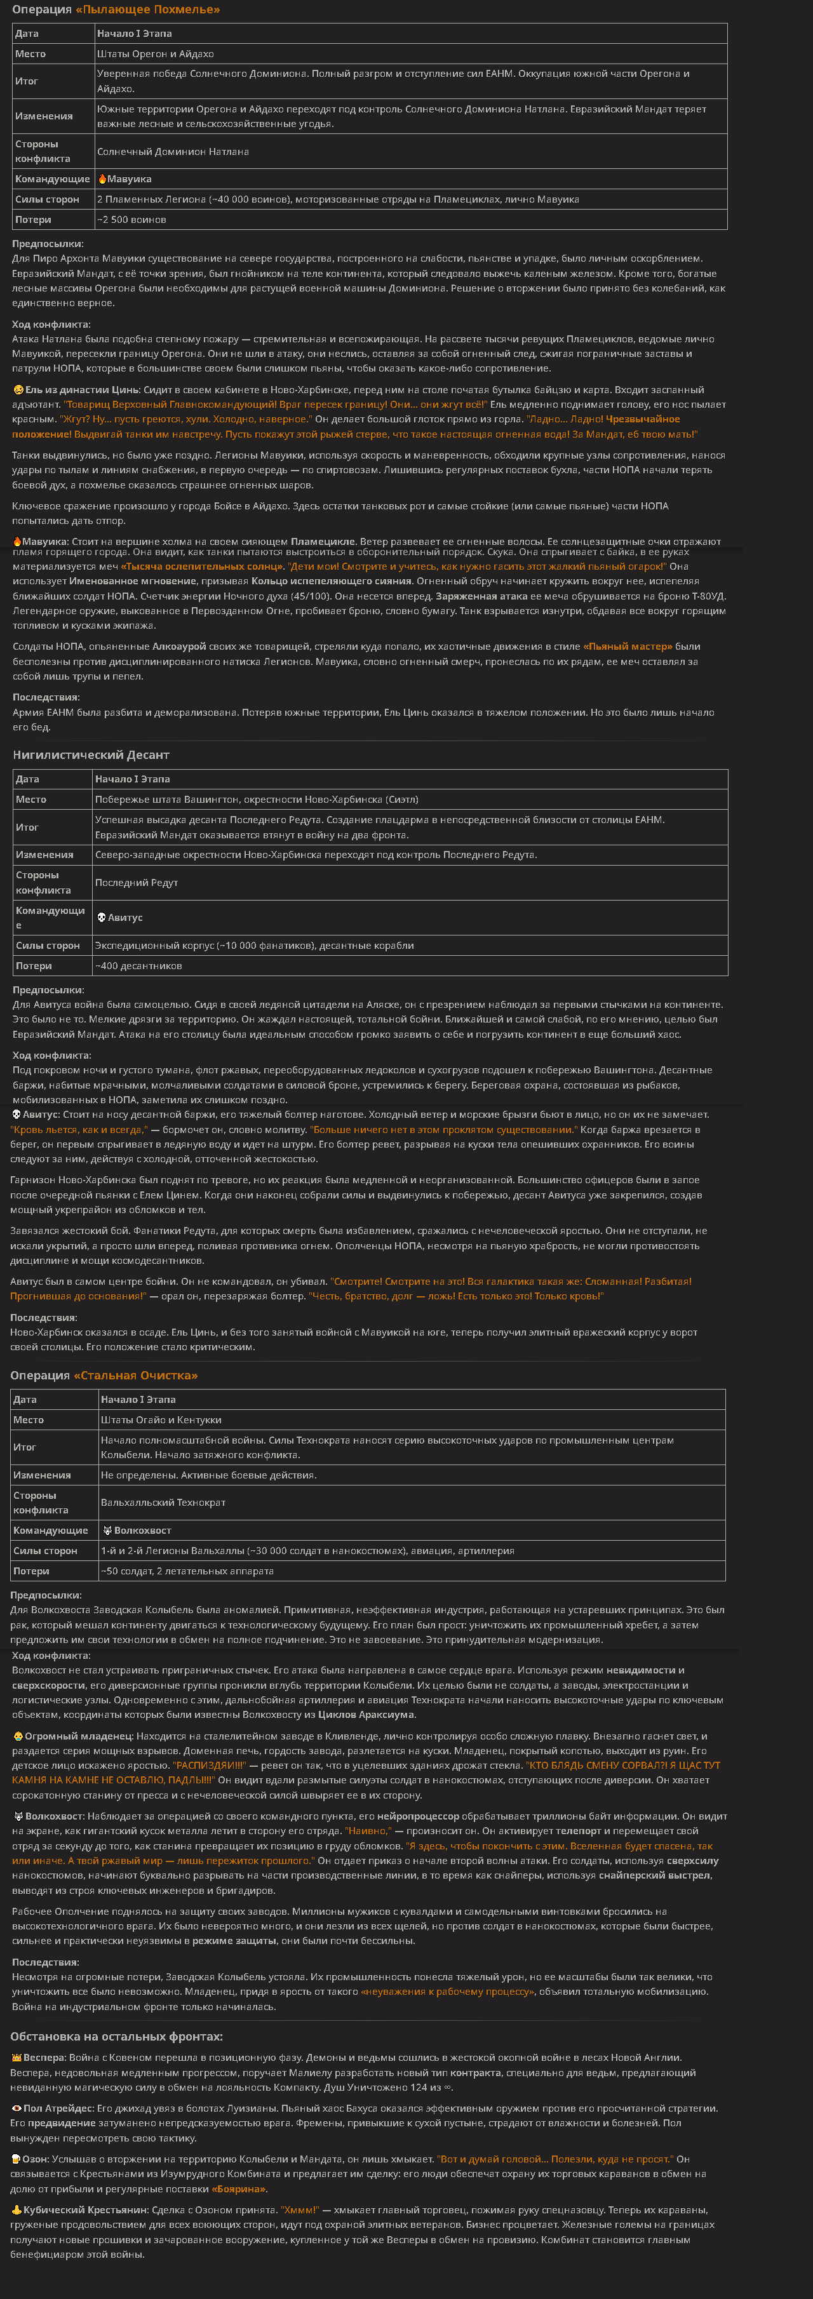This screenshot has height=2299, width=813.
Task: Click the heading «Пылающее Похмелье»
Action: click(x=147, y=10)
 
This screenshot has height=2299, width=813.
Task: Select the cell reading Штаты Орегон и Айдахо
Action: click(x=155, y=53)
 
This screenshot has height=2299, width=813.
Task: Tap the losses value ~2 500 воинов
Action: click(x=131, y=220)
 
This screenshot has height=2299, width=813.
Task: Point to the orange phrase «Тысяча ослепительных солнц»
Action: click(x=203, y=566)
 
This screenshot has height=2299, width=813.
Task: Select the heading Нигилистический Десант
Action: click(x=91, y=755)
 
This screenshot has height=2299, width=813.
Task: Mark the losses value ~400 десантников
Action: click(x=138, y=966)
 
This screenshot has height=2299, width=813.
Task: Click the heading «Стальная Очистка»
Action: click(x=136, y=1376)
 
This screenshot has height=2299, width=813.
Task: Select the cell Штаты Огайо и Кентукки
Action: click(x=161, y=1420)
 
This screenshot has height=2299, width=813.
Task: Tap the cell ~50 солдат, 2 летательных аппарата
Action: click(x=187, y=1572)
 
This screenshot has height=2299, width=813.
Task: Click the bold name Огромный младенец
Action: click(x=79, y=1736)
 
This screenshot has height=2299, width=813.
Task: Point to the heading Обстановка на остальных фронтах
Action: click(x=117, y=2037)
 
